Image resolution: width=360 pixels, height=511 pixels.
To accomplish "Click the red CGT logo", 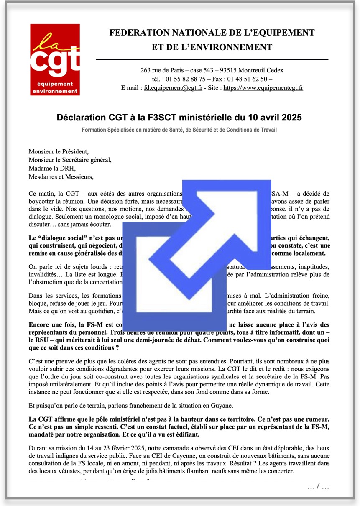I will pos(55,59).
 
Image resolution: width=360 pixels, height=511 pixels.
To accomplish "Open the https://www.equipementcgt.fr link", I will pos(263,88).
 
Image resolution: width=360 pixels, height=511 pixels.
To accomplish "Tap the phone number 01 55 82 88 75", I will pos(186,79).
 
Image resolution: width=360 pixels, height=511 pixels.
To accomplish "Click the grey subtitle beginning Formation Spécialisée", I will pos(179,130).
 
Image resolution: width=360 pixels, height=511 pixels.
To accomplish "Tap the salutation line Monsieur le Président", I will pos(59,151).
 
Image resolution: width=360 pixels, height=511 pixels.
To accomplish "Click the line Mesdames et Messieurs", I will pos(61,176).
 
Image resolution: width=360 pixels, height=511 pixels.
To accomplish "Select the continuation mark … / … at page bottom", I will pos(318,486).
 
